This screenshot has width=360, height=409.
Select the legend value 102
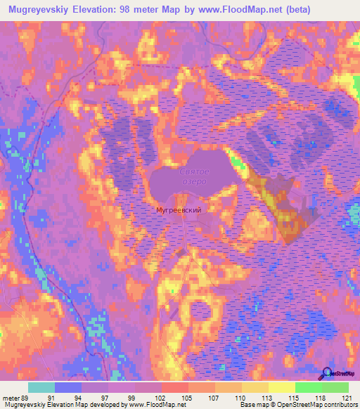[x=161, y=398]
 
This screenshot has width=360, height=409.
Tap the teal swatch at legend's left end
[x=41, y=387]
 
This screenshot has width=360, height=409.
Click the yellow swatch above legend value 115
[x=281, y=387]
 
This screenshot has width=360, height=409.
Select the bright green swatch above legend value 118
[x=308, y=387]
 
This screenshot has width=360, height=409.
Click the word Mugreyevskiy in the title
[x=44, y=10]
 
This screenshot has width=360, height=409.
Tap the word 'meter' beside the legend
[x=11, y=398]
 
